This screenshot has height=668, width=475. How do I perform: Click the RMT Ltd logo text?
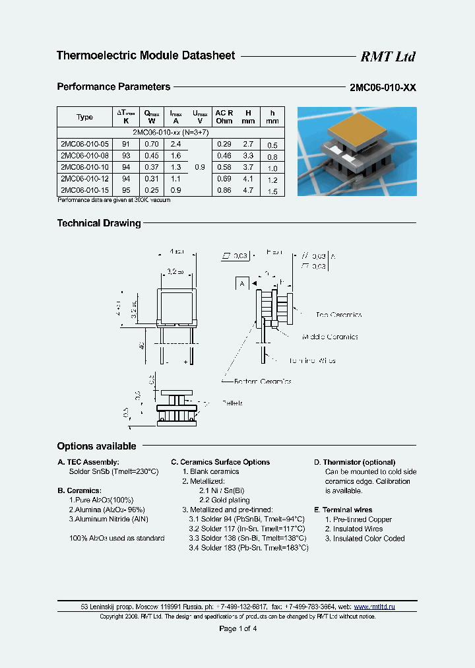click(387, 57)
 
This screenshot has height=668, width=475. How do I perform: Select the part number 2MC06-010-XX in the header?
click(383, 87)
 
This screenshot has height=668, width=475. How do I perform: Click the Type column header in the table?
click(84, 117)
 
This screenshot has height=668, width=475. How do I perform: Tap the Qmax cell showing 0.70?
click(152, 144)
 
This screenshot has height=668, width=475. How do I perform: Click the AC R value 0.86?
click(224, 190)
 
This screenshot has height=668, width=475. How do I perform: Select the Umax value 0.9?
click(200, 167)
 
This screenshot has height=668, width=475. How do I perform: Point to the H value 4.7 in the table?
click(248, 190)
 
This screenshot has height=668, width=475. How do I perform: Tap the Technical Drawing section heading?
click(99, 223)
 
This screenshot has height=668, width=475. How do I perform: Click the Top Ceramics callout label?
click(339, 315)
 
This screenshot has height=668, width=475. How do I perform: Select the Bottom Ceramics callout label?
click(263, 381)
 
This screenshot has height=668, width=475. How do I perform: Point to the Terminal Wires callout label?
click(311, 360)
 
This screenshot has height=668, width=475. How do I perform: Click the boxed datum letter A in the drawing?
click(242, 283)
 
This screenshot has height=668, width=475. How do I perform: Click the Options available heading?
click(96, 446)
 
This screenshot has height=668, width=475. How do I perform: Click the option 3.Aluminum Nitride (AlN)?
click(108, 519)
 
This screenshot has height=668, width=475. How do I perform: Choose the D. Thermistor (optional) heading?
click(354, 462)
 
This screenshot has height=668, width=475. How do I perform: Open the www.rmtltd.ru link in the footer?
click(375, 606)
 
